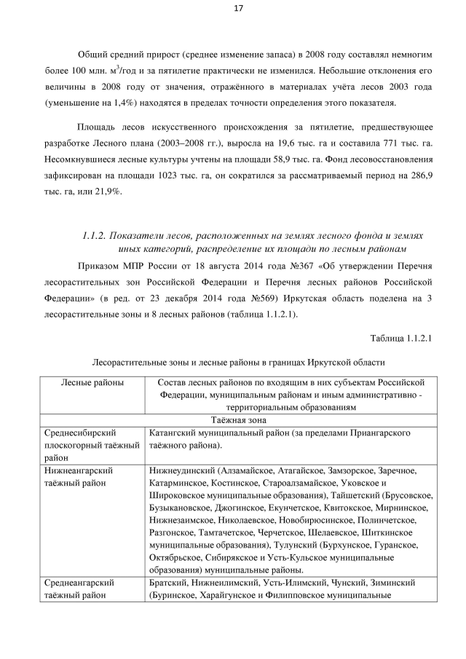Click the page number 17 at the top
coord(238,9)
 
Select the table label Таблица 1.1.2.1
coord(401,337)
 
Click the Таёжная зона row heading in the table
coord(237,420)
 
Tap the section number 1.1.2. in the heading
coord(94,235)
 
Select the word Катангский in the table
coord(173,433)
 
